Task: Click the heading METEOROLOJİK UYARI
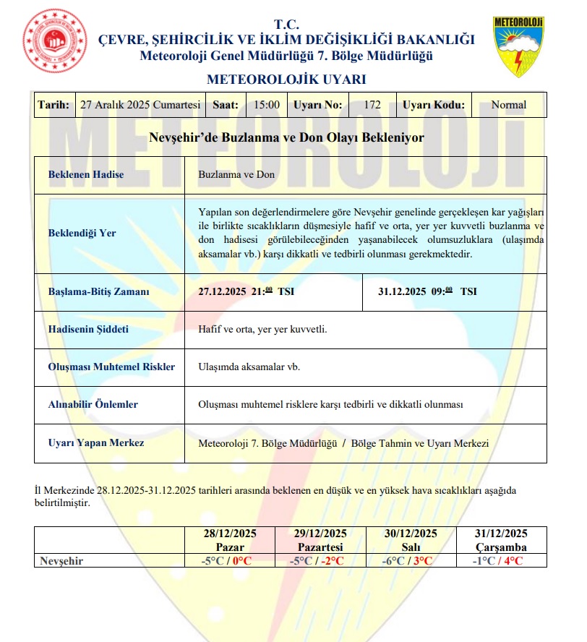coord(286,79)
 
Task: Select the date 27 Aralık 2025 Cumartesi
coord(140,105)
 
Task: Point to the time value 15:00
coord(267,105)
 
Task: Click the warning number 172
coord(372,105)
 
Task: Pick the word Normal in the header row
coord(508,105)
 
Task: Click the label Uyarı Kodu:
coord(434,105)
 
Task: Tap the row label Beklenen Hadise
coord(86,175)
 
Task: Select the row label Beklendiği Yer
coord(82,234)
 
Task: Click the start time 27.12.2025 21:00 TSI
coord(246,292)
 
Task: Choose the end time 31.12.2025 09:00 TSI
coord(427,292)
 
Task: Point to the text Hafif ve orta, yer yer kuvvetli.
coord(262,329)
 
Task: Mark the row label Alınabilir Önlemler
coord(93,404)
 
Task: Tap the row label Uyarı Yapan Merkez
coord(96,442)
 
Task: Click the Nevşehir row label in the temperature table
coord(62,560)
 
